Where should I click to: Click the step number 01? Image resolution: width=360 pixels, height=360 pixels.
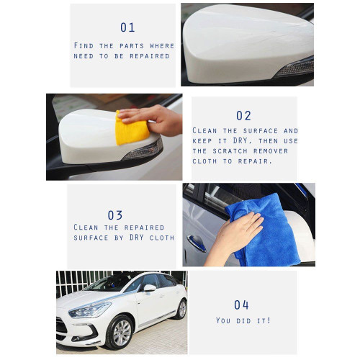coord(127,27)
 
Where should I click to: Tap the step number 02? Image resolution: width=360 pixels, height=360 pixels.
coord(243,116)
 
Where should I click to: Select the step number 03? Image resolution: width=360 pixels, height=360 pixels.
coord(115,215)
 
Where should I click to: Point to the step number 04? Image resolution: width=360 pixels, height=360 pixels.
coord(241,305)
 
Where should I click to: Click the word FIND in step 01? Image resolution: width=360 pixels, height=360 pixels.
coord(84,45)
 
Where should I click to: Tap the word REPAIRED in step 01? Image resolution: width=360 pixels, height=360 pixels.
coord(150,56)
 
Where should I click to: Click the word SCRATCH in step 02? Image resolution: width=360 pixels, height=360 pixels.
coord(230,151)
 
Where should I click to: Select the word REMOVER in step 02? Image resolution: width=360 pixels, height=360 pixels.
coord(271,151)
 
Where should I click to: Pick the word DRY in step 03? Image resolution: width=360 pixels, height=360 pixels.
coord(137,238)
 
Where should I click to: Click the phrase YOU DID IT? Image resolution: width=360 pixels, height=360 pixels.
coord(243,320)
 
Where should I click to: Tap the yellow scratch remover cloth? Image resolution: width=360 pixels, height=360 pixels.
coord(132,128)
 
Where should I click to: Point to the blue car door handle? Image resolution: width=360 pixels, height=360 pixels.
coord(197,243)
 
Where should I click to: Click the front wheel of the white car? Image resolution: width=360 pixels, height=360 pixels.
coord(120,333)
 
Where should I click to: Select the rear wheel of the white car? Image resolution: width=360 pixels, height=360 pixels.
coord(181,309)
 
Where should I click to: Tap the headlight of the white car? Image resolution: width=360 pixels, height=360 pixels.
coord(90,310)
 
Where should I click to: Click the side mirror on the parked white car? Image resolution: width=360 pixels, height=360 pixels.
coord(150,288)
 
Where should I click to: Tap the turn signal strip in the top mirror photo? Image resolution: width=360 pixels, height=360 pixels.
coord(294,68)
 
